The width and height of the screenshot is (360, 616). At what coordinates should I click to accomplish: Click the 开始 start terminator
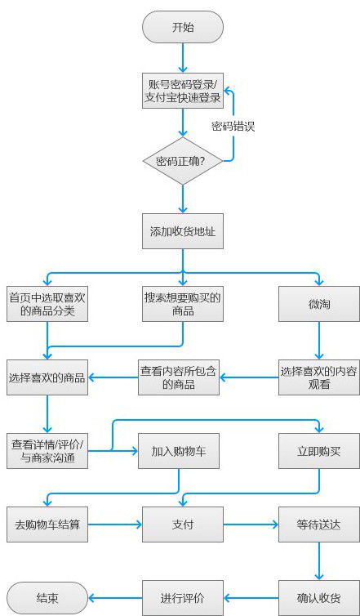[183, 27]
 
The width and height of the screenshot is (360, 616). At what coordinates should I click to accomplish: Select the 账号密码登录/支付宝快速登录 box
[183, 91]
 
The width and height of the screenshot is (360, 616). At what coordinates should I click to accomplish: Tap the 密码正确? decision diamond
[183, 161]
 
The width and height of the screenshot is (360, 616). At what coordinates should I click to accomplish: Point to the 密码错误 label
[233, 127]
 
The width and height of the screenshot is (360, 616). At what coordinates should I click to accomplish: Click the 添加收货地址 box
[183, 231]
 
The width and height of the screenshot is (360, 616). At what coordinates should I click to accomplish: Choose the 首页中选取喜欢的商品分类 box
[47, 304]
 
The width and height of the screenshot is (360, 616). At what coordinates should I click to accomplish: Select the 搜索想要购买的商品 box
[183, 304]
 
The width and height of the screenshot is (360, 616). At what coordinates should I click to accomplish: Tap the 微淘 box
[319, 304]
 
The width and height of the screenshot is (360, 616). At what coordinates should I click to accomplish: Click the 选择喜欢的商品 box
[47, 377]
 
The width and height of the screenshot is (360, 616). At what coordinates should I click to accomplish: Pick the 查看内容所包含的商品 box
[179, 377]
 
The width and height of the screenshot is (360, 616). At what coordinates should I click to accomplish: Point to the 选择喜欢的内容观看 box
[319, 377]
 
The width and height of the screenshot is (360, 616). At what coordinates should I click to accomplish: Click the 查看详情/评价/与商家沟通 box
[47, 451]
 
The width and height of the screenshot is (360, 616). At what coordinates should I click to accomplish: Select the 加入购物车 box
[179, 451]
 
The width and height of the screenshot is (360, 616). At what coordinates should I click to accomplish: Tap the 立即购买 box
[319, 451]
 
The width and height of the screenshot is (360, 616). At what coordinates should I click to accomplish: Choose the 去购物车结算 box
[47, 524]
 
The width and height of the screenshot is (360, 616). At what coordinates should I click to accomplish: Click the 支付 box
[183, 524]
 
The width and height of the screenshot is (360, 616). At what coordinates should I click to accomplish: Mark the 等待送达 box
[319, 524]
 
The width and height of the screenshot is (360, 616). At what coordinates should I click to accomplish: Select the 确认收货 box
[319, 598]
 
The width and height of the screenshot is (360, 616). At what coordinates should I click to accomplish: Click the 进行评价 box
[183, 598]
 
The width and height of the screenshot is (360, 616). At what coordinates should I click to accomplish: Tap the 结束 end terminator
[47, 598]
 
